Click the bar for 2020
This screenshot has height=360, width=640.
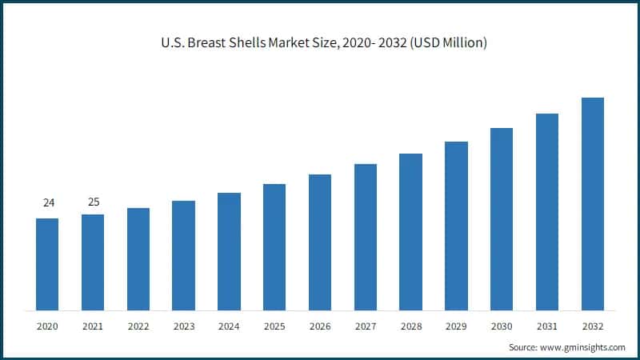point(47,264)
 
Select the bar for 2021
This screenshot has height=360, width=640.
point(93,262)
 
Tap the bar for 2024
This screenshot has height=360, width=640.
point(229,251)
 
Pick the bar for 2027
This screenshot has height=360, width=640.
point(366,237)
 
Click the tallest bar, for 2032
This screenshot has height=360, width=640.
point(593,204)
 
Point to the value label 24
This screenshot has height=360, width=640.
point(48,203)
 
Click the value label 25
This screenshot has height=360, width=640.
point(94,202)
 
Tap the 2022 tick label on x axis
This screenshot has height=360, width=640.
point(138,326)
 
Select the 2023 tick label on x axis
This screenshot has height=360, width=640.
point(183,326)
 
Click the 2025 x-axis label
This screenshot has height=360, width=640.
point(274,326)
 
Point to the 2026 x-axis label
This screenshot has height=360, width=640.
point(320,326)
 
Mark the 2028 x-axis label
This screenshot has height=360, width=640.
point(410,326)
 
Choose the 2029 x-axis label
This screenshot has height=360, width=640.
point(456,326)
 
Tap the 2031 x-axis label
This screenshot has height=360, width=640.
point(547,326)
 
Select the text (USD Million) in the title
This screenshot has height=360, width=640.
point(446,43)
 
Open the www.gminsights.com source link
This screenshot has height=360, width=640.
point(582,348)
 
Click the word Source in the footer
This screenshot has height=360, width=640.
point(523,348)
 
